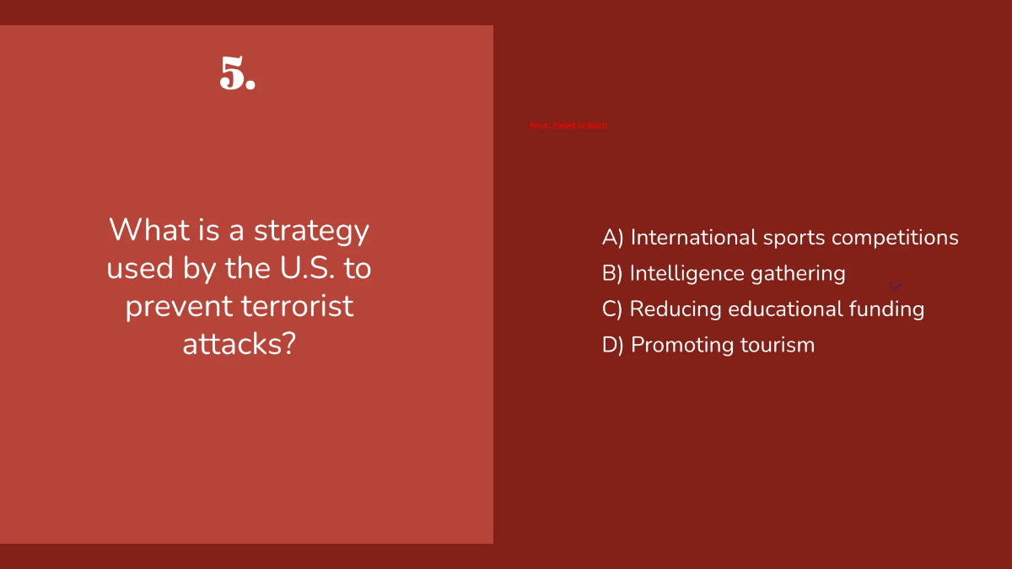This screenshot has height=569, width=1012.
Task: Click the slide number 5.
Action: tap(237, 74)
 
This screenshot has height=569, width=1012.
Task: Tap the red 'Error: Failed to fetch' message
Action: tap(568, 126)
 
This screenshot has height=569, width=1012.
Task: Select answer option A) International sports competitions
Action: tap(780, 238)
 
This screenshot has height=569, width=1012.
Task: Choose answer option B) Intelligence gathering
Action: tap(724, 273)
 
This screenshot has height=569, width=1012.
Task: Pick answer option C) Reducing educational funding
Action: tap(763, 309)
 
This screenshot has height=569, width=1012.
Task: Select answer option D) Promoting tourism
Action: tap(708, 345)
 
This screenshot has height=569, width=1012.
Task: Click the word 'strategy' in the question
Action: tap(311, 231)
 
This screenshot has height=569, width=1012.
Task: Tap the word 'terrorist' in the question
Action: tap(297, 306)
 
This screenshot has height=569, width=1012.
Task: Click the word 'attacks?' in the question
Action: tap(239, 344)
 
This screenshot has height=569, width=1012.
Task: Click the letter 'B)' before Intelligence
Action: tap(612, 273)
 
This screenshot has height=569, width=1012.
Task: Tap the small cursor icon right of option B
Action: tap(895, 287)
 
